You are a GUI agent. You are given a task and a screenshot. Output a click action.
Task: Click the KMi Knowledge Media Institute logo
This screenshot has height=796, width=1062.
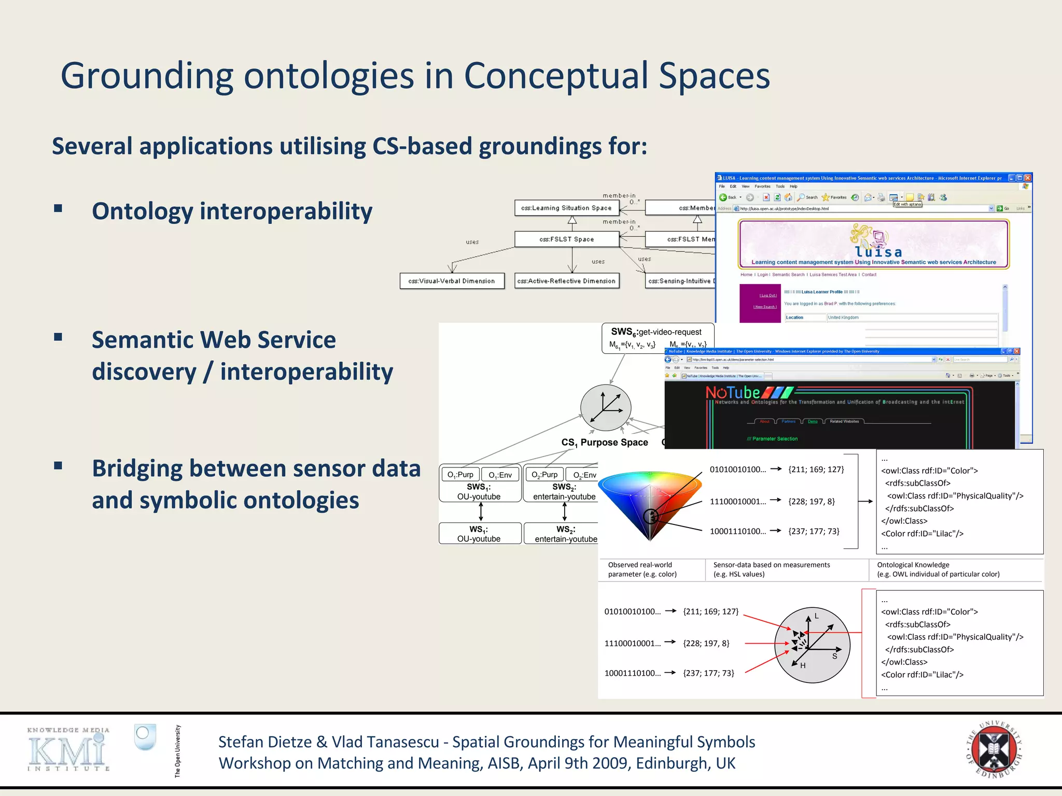tap(68, 749)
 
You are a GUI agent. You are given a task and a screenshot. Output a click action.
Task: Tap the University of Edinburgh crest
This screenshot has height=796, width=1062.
tap(994, 749)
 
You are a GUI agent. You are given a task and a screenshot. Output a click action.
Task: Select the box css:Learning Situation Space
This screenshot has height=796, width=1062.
tap(566, 208)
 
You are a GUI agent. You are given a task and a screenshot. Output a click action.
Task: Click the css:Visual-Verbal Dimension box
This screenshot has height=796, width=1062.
tap(452, 281)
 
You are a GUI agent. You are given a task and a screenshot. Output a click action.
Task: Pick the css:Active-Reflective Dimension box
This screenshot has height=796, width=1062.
tap(566, 281)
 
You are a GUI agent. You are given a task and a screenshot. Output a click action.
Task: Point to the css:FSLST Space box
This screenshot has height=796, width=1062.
tap(566, 239)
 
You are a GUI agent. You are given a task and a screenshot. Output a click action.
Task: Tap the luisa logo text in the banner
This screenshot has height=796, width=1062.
tap(878, 252)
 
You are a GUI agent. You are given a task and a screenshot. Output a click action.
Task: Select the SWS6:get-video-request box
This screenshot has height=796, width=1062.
tap(656, 338)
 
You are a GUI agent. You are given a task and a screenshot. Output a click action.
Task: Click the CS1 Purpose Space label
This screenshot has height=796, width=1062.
tap(605, 443)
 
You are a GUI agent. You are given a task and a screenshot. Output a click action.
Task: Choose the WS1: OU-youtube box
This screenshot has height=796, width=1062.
tap(480, 533)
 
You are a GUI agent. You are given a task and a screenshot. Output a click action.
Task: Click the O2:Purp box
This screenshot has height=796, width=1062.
tap(544, 474)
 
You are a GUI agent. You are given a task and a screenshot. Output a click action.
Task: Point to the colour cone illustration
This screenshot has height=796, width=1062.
tap(650, 503)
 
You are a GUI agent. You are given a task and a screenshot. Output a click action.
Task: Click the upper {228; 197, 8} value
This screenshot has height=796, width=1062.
tap(811, 501)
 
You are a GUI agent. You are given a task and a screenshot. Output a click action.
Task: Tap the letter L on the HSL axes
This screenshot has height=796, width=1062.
tap(816, 616)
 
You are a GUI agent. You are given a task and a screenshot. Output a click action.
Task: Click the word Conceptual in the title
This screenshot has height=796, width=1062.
tap(555, 76)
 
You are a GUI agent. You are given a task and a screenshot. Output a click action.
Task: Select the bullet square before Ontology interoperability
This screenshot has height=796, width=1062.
tap(58, 208)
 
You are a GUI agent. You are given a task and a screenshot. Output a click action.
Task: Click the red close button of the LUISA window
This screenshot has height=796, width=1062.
tap(1027, 178)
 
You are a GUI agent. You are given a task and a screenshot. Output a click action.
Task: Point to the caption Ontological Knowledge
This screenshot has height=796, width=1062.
tap(913, 565)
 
